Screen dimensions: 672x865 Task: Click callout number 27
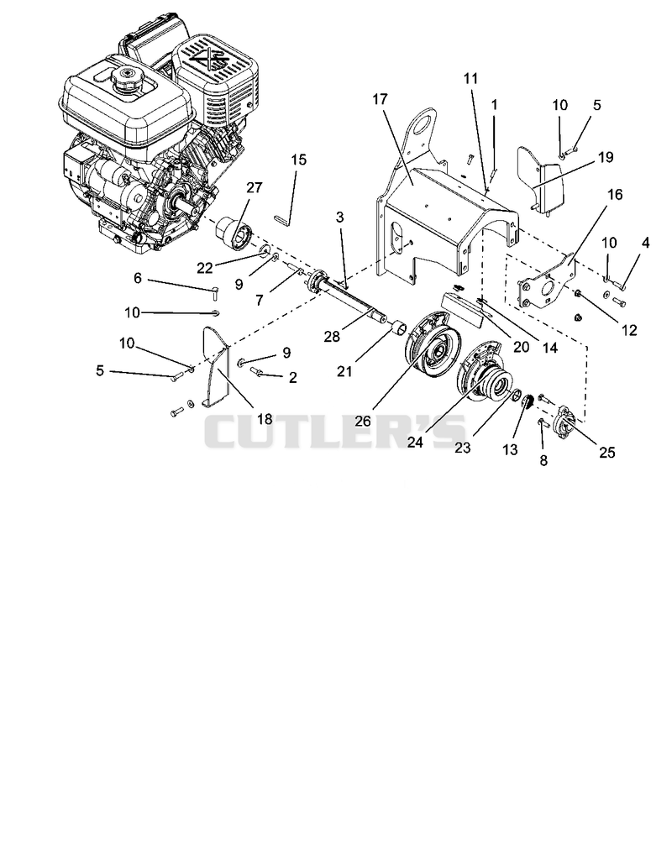point(255,188)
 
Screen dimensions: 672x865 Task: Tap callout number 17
point(381,99)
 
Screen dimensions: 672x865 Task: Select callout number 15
point(298,160)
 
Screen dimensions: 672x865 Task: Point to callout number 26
point(363,421)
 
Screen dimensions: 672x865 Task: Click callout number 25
point(606,453)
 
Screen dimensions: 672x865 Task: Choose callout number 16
point(615,194)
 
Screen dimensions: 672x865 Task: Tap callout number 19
point(606,157)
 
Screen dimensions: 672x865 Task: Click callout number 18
point(265,419)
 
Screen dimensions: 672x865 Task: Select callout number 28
point(332,336)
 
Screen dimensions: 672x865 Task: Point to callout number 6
point(138,278)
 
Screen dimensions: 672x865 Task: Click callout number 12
point(629,330)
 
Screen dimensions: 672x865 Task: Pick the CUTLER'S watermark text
point(336,431)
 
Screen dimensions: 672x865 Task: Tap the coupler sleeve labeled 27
point(233,234)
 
